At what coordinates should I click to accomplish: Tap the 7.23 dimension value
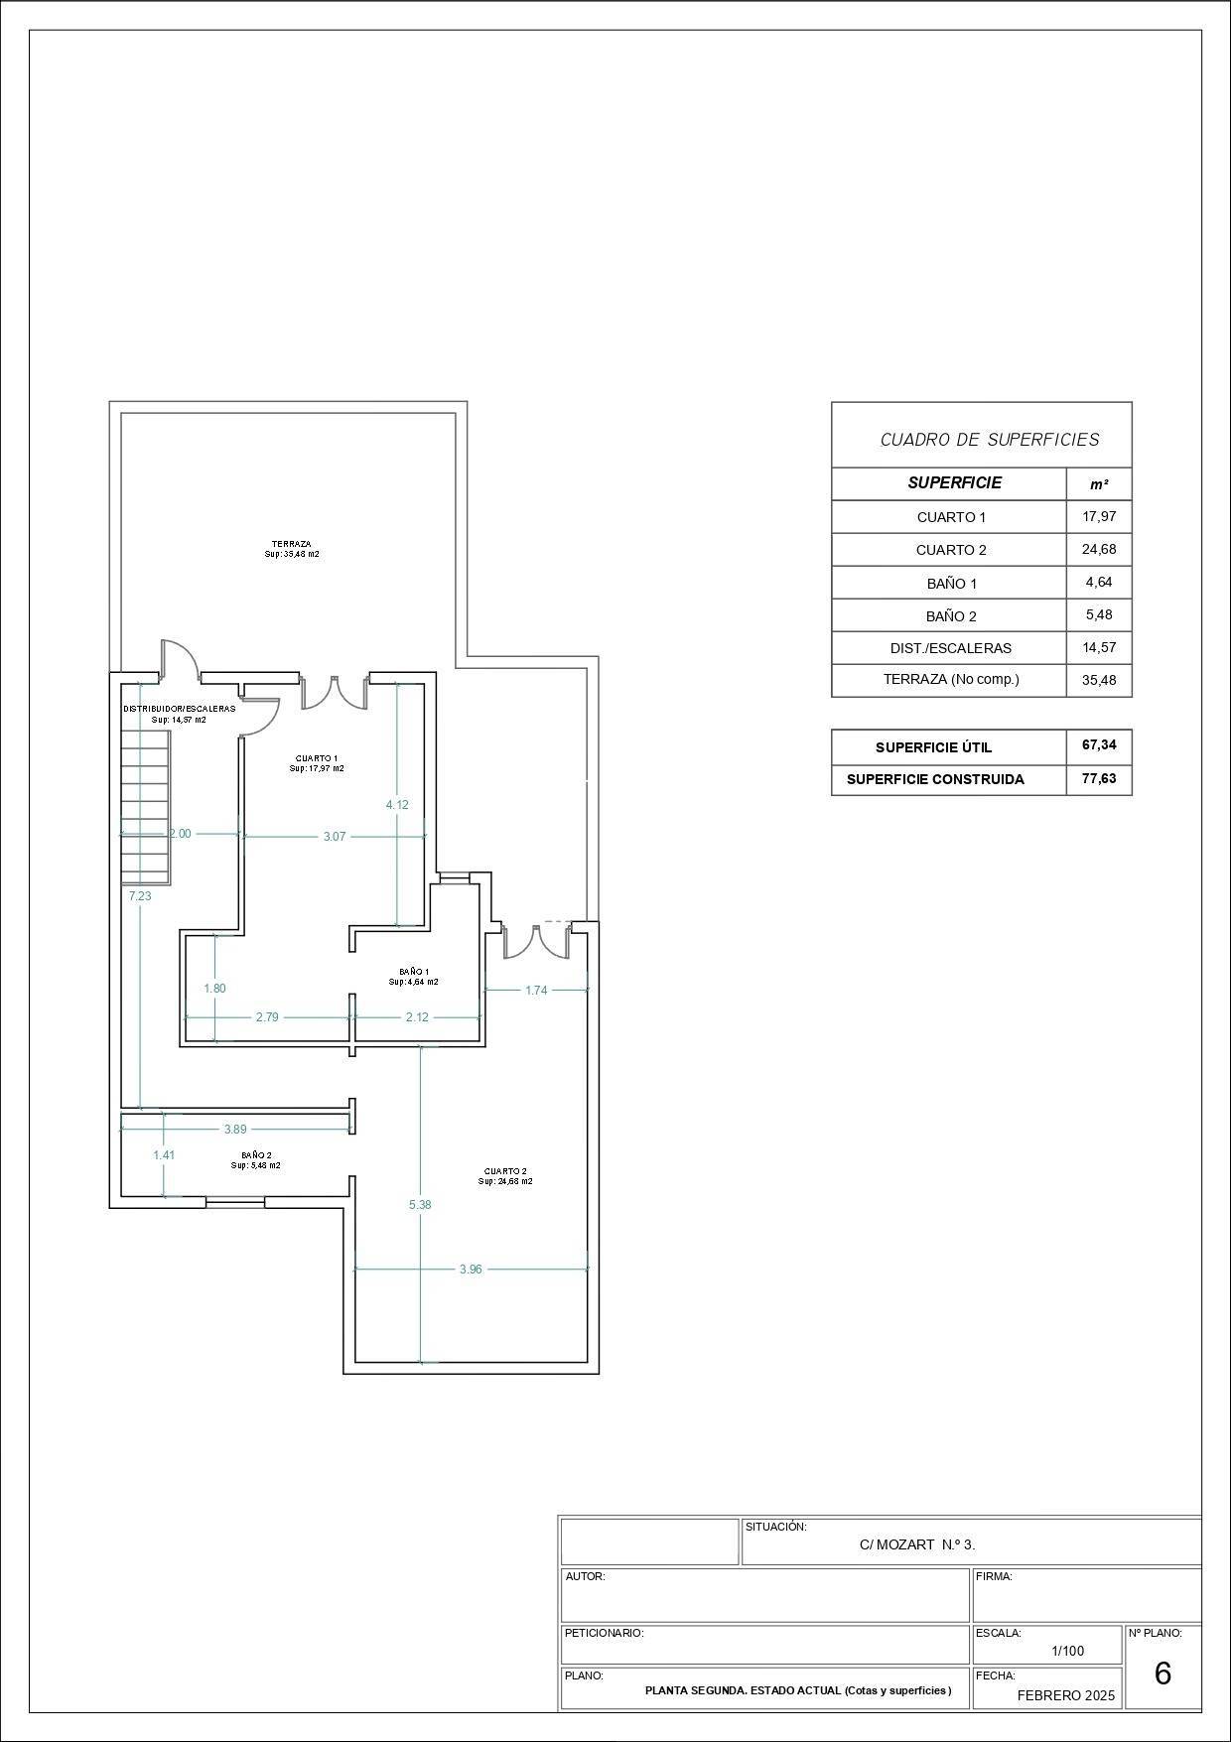(140, 895)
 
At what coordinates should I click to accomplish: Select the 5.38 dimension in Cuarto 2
(420, 1204)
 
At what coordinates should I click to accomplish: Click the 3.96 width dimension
(471, 1269)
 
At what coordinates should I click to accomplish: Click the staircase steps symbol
(145, 805)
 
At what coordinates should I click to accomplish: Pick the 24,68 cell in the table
(1099, 549)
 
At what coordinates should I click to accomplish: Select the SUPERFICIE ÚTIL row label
(933, 747)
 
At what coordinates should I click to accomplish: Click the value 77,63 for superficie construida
(1099, 778)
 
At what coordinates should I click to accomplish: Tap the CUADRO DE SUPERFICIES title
(990, 439)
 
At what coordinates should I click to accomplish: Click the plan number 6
(1163, 1675)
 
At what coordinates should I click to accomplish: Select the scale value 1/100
(1068, 1652)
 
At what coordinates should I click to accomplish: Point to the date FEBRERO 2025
(1066, 1695)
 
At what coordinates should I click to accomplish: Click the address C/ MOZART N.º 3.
(917, 1544)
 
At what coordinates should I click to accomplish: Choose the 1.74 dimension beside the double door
(536, 990)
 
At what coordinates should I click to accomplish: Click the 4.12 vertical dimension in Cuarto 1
(397, 805)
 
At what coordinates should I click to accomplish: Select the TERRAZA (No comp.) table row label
(951, 680)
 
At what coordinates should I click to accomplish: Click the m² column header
(1099, 484)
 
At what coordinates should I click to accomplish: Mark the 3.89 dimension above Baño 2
(235, 1129)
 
